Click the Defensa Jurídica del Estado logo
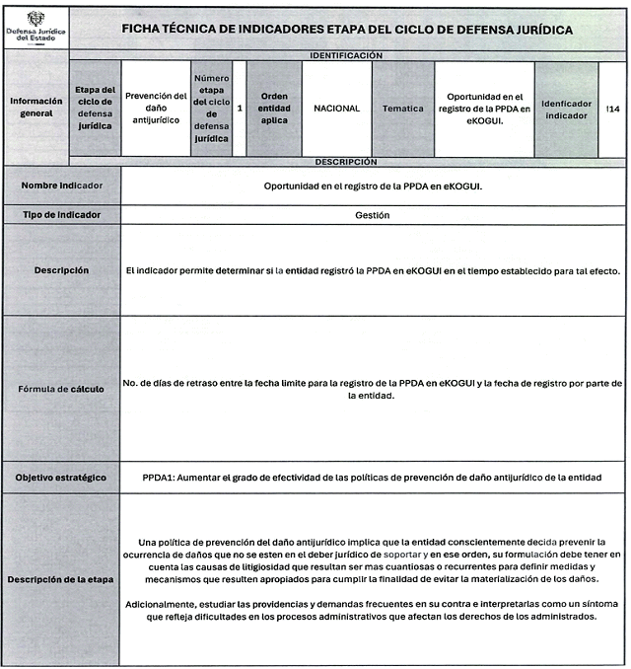[36, 27]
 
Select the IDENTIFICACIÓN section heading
[345, 56]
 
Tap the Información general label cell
[36, 108]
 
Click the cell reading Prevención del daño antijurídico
[156, 108]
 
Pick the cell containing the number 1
[240, 108]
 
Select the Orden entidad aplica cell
[274, 108]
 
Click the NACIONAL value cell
[336, 108]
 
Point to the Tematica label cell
[402, 108]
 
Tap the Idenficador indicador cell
[566, 108]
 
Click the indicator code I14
[612, 108]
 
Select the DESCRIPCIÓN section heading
[345, 161]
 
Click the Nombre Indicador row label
[62, 186]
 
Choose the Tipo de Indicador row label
[62, 214]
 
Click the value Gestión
[373, 214]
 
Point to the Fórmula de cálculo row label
[62, 388]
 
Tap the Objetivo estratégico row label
[62, 477]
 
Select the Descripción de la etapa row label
[62, 578]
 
